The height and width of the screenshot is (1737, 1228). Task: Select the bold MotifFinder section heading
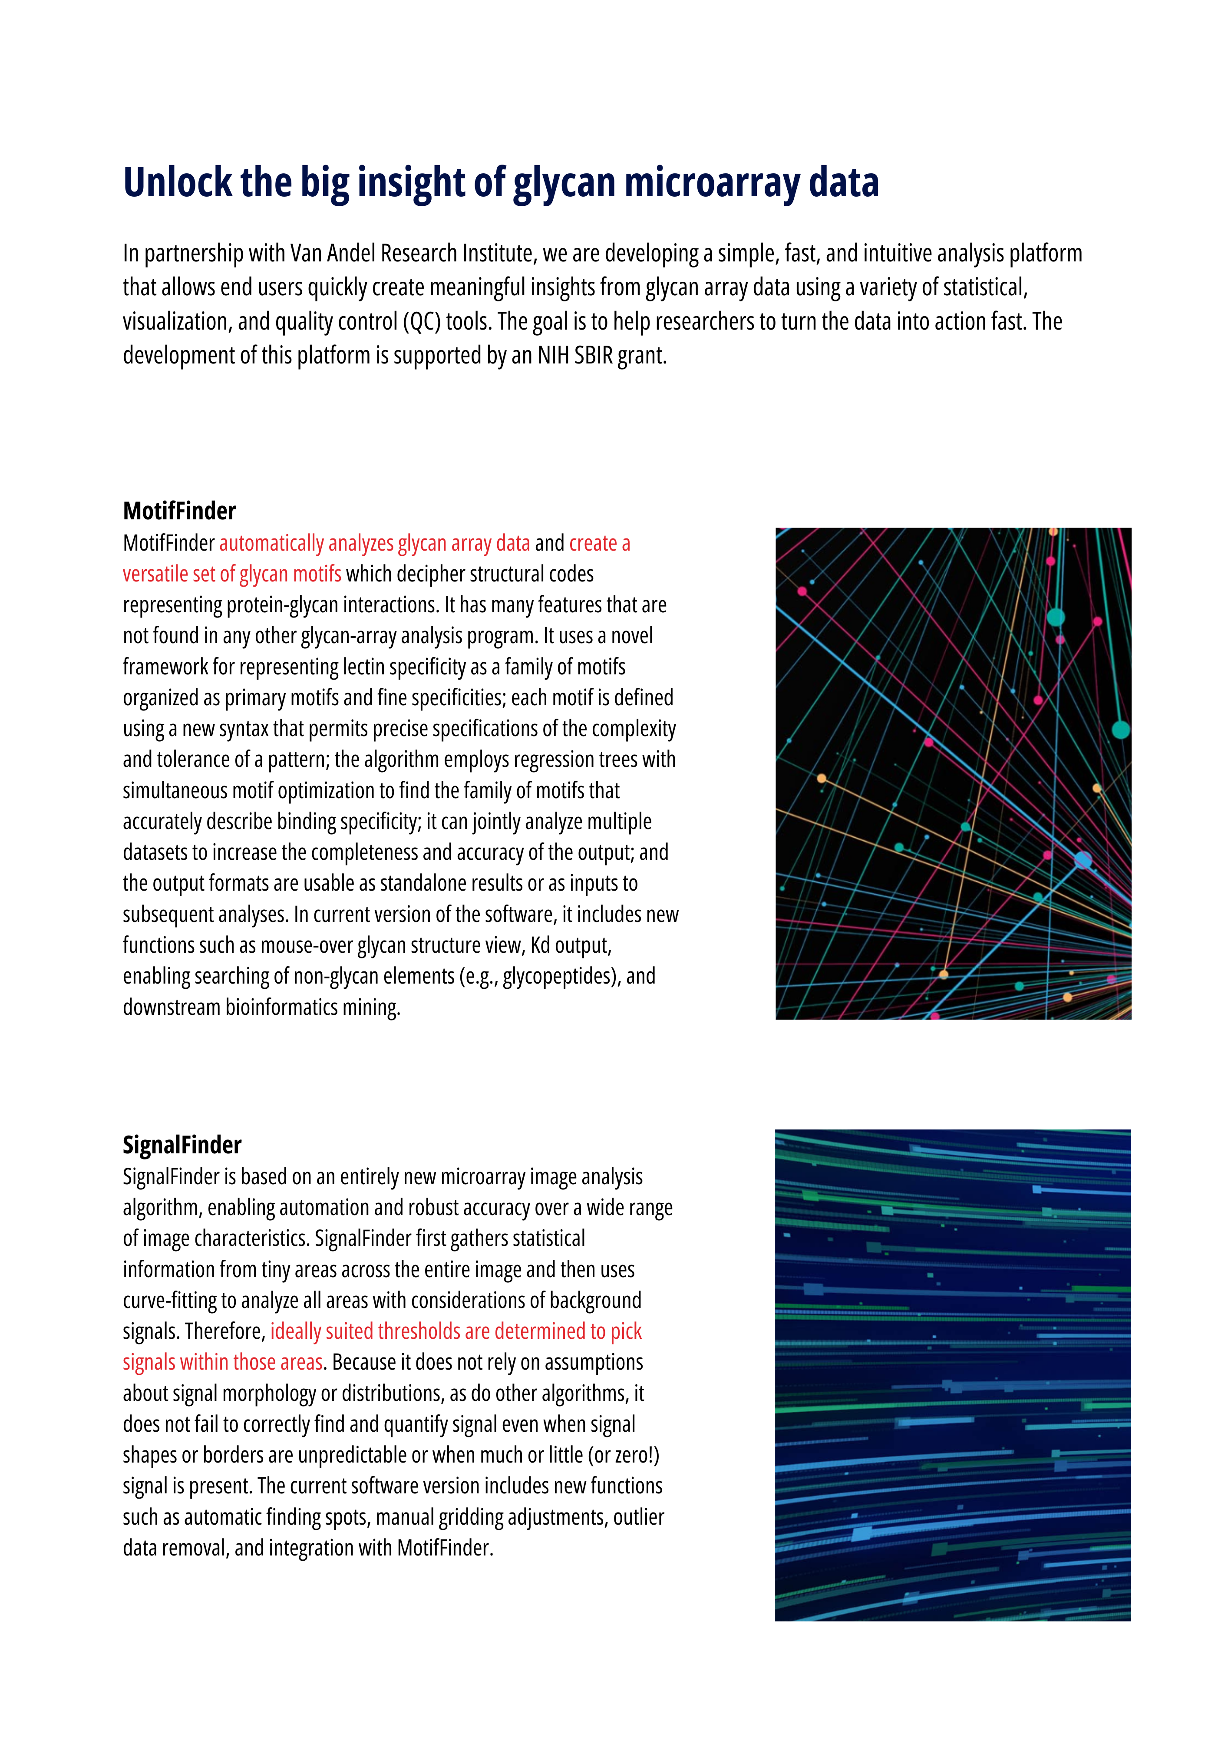[179, 512]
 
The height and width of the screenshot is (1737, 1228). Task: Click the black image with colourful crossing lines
[953, 773]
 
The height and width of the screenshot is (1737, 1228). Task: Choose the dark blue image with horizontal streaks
[953, 1375]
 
